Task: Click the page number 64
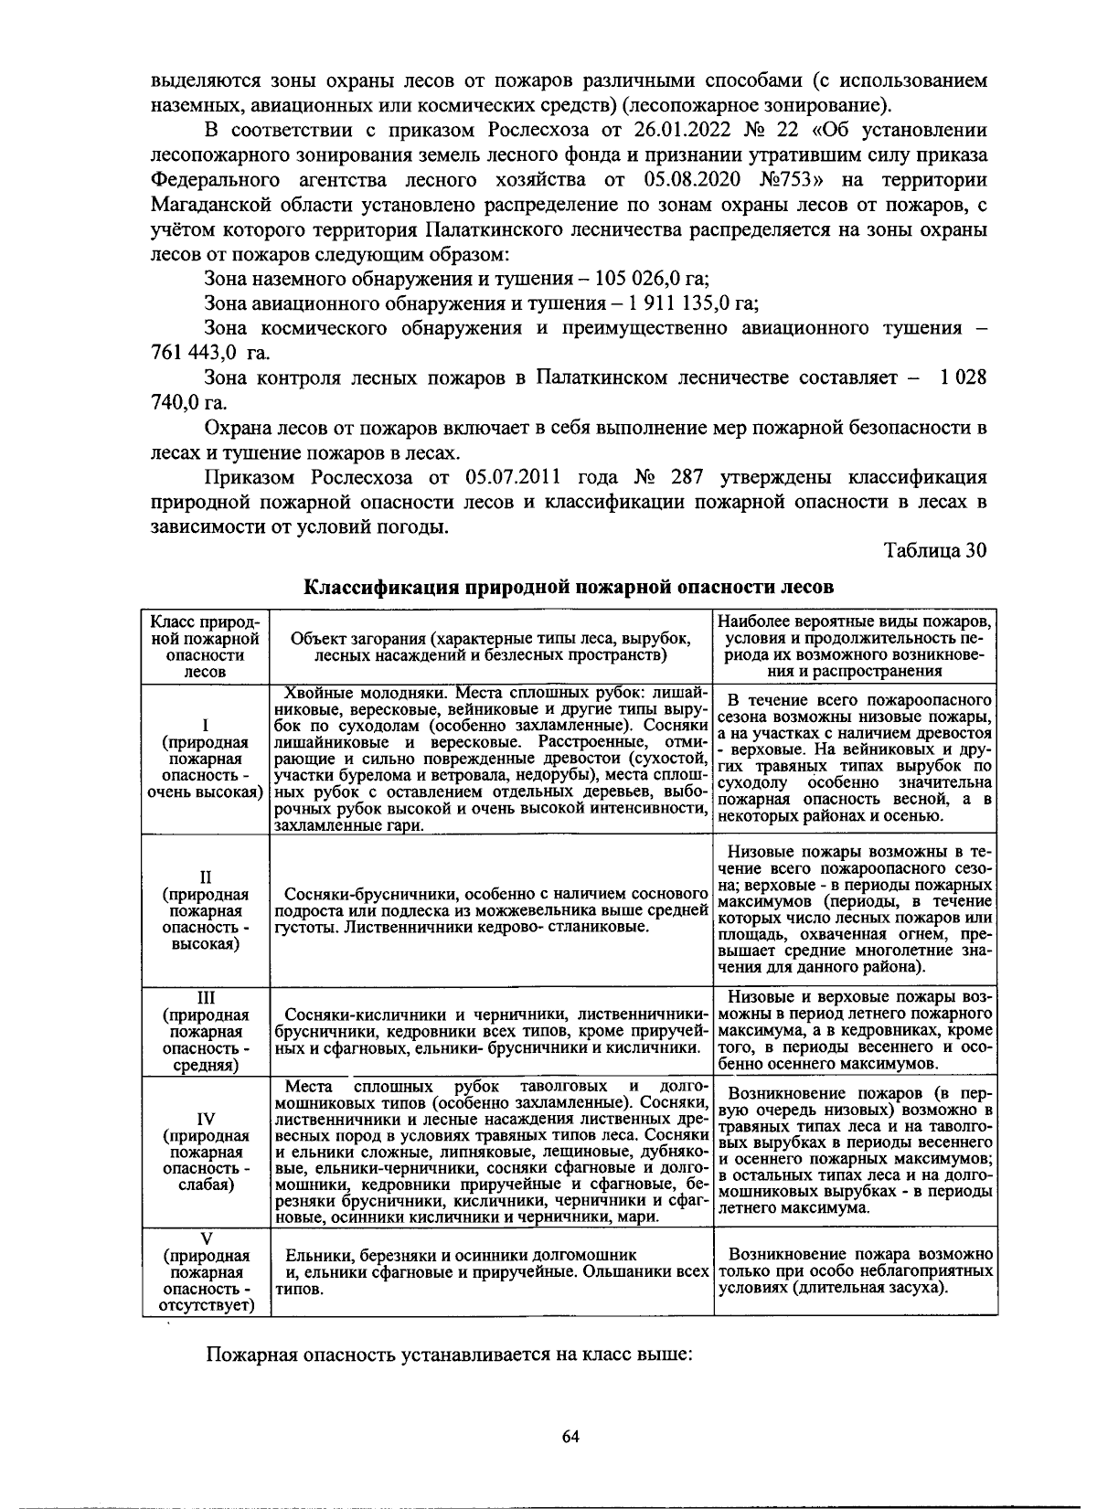[570, 1436]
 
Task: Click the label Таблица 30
[934, 550]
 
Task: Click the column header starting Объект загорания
[489, 646]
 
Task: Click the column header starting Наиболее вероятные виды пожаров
[855, 645]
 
